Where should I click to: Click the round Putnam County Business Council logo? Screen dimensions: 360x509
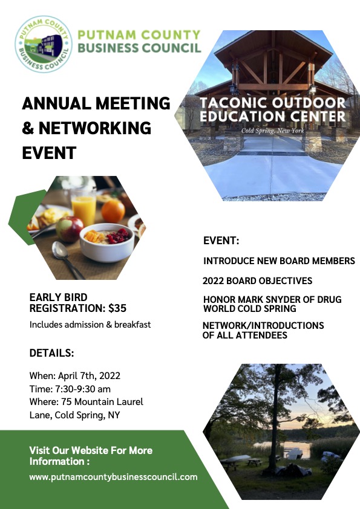coord(44,44)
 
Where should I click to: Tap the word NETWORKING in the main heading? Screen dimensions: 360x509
coord(95,128)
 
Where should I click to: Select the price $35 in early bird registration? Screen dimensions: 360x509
coord(117,308)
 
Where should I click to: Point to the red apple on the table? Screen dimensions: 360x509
coord(70,229)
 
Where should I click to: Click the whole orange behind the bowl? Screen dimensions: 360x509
coord(113,210)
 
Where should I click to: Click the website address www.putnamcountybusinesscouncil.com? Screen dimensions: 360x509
coord(113,477)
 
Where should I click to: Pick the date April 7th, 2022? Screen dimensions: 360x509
coord(89,375)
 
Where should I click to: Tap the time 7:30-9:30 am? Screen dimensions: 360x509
coord(83,389)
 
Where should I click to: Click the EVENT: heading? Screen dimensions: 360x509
coord(221,241)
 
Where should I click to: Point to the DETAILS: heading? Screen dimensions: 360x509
coord(51,353)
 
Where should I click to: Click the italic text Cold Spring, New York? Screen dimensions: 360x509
coord(273,131)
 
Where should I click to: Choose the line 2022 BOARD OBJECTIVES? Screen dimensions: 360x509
coord(257,280)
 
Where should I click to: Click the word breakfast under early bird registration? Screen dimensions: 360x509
coord(133,324)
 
